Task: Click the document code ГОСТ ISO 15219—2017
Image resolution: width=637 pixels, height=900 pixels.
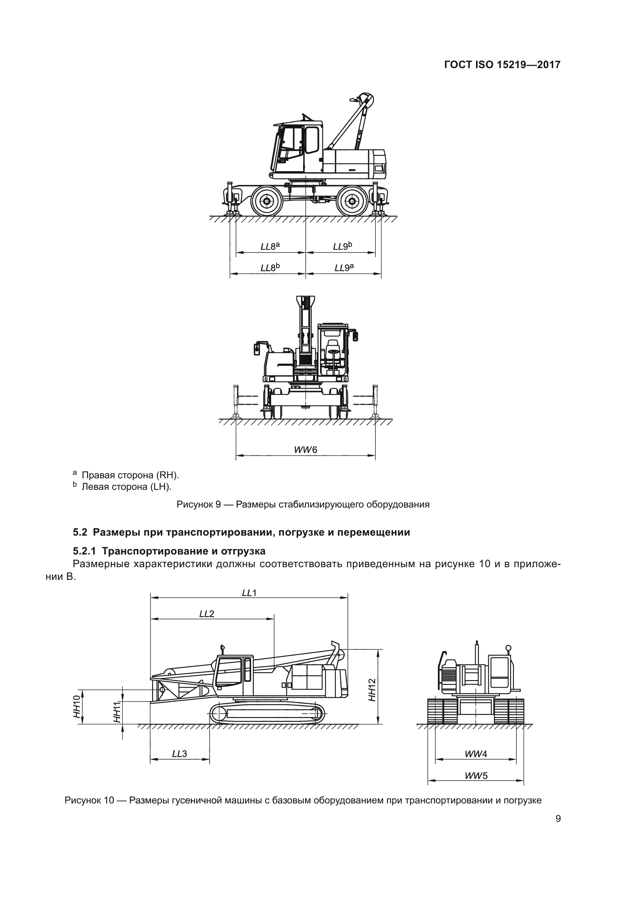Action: pos(502,65)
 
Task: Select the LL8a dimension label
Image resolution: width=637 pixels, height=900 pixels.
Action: pos(270,246)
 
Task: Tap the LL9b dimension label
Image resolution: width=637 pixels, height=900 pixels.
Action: pos(342,246)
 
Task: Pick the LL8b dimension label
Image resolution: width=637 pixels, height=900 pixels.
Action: pos(270,268)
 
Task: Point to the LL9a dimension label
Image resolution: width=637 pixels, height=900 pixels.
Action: pos(344,268)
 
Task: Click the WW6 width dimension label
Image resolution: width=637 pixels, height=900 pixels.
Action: pos(305,449)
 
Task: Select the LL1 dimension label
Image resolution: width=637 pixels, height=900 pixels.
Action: pos(249,593)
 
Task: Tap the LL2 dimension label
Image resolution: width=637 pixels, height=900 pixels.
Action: pos(207,614)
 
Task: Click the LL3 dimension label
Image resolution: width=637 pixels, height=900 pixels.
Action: pos(179,753)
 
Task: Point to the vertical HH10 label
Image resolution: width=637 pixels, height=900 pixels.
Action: pos(77,706)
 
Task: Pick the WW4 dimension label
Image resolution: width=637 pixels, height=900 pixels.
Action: pos(476,753)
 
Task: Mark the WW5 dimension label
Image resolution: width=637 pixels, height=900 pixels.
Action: pos(476,775)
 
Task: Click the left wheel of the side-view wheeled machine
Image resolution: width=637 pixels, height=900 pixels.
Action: pos(267,201)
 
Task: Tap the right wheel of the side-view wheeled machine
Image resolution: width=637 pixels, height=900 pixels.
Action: pos(352,201)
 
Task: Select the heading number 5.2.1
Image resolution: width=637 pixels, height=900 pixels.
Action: pos(85,551)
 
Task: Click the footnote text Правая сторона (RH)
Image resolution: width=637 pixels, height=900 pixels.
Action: pos(130,476)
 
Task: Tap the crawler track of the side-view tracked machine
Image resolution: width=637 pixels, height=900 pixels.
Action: pos(267,714)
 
